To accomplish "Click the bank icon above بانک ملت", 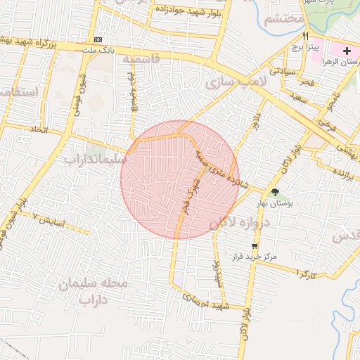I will pyautogui.click(x=98, y=39).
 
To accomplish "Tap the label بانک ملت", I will pyautogui.click(x=98, y=51).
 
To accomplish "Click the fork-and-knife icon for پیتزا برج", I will pyautogui.click(x=305, y=36).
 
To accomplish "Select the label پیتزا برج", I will pyautogui.click(x=306, y=47).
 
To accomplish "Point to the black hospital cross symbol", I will pyautogui.click(x=347, y=51).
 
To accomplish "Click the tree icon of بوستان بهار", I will pyautogui.click(x=275, y=192).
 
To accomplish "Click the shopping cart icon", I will pyautogui.click(x=254, y=246).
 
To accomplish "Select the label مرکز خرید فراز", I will pyautogui.click(x=255, y=257).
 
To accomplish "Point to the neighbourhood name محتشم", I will pyautogui.click(x=284, y=19).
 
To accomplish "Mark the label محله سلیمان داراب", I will pyautogui.click(x=94, y=292).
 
